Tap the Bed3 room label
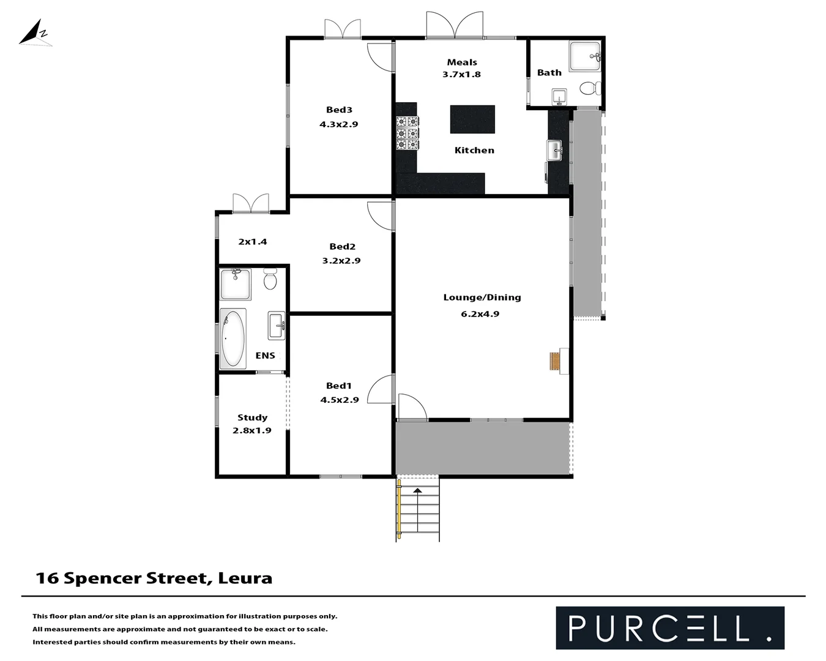coord(339,110)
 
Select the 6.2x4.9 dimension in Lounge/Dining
coord(480,314)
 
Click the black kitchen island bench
coord(472,119)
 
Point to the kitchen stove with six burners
coord(407,133)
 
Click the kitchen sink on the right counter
coord(554,150)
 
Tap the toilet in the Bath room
coord(589,89)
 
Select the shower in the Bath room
coord(585,56)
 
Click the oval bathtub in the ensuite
coord(233,338)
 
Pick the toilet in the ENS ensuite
coord(270,280)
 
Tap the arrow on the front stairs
coord(418,490)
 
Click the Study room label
coord(252,417)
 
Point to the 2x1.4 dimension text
coord(253,242)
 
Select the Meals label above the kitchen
coord(462,62)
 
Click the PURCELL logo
coord(669,627)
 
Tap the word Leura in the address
coord(245,578)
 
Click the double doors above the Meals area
coord(455,26)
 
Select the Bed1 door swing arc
coord(379,389)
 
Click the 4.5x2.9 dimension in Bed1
coord(339,400)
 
